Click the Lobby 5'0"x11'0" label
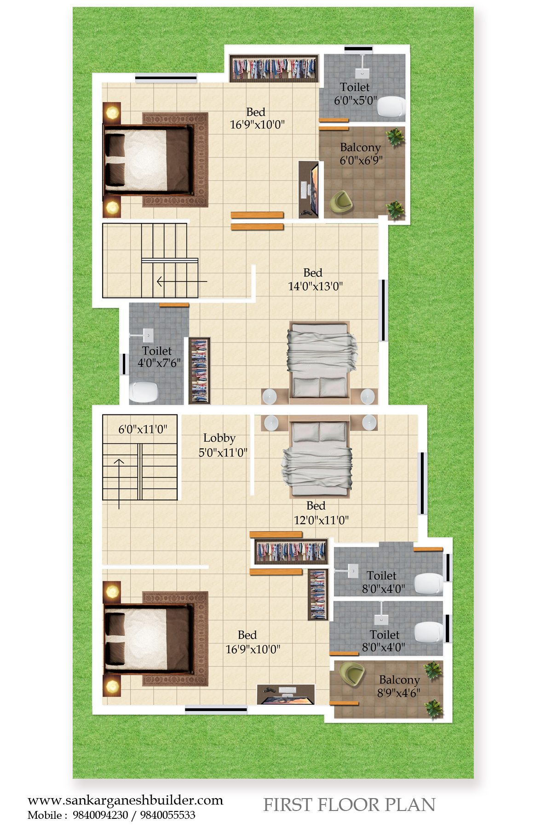223,445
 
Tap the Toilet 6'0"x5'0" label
355,94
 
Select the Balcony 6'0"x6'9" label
361,154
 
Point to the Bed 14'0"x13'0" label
315,280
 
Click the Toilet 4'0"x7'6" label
159,357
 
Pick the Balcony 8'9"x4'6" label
399,686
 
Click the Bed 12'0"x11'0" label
321,513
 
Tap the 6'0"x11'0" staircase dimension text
143,429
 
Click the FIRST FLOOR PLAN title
349,805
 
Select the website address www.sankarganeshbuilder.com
125,800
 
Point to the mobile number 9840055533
167,815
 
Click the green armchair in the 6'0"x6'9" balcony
341,201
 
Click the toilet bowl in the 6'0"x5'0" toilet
391,107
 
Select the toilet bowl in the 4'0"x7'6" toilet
144,392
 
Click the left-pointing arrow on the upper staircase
182,281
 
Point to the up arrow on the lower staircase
119,483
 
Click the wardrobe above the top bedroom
274,68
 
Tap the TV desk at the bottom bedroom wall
286,695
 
